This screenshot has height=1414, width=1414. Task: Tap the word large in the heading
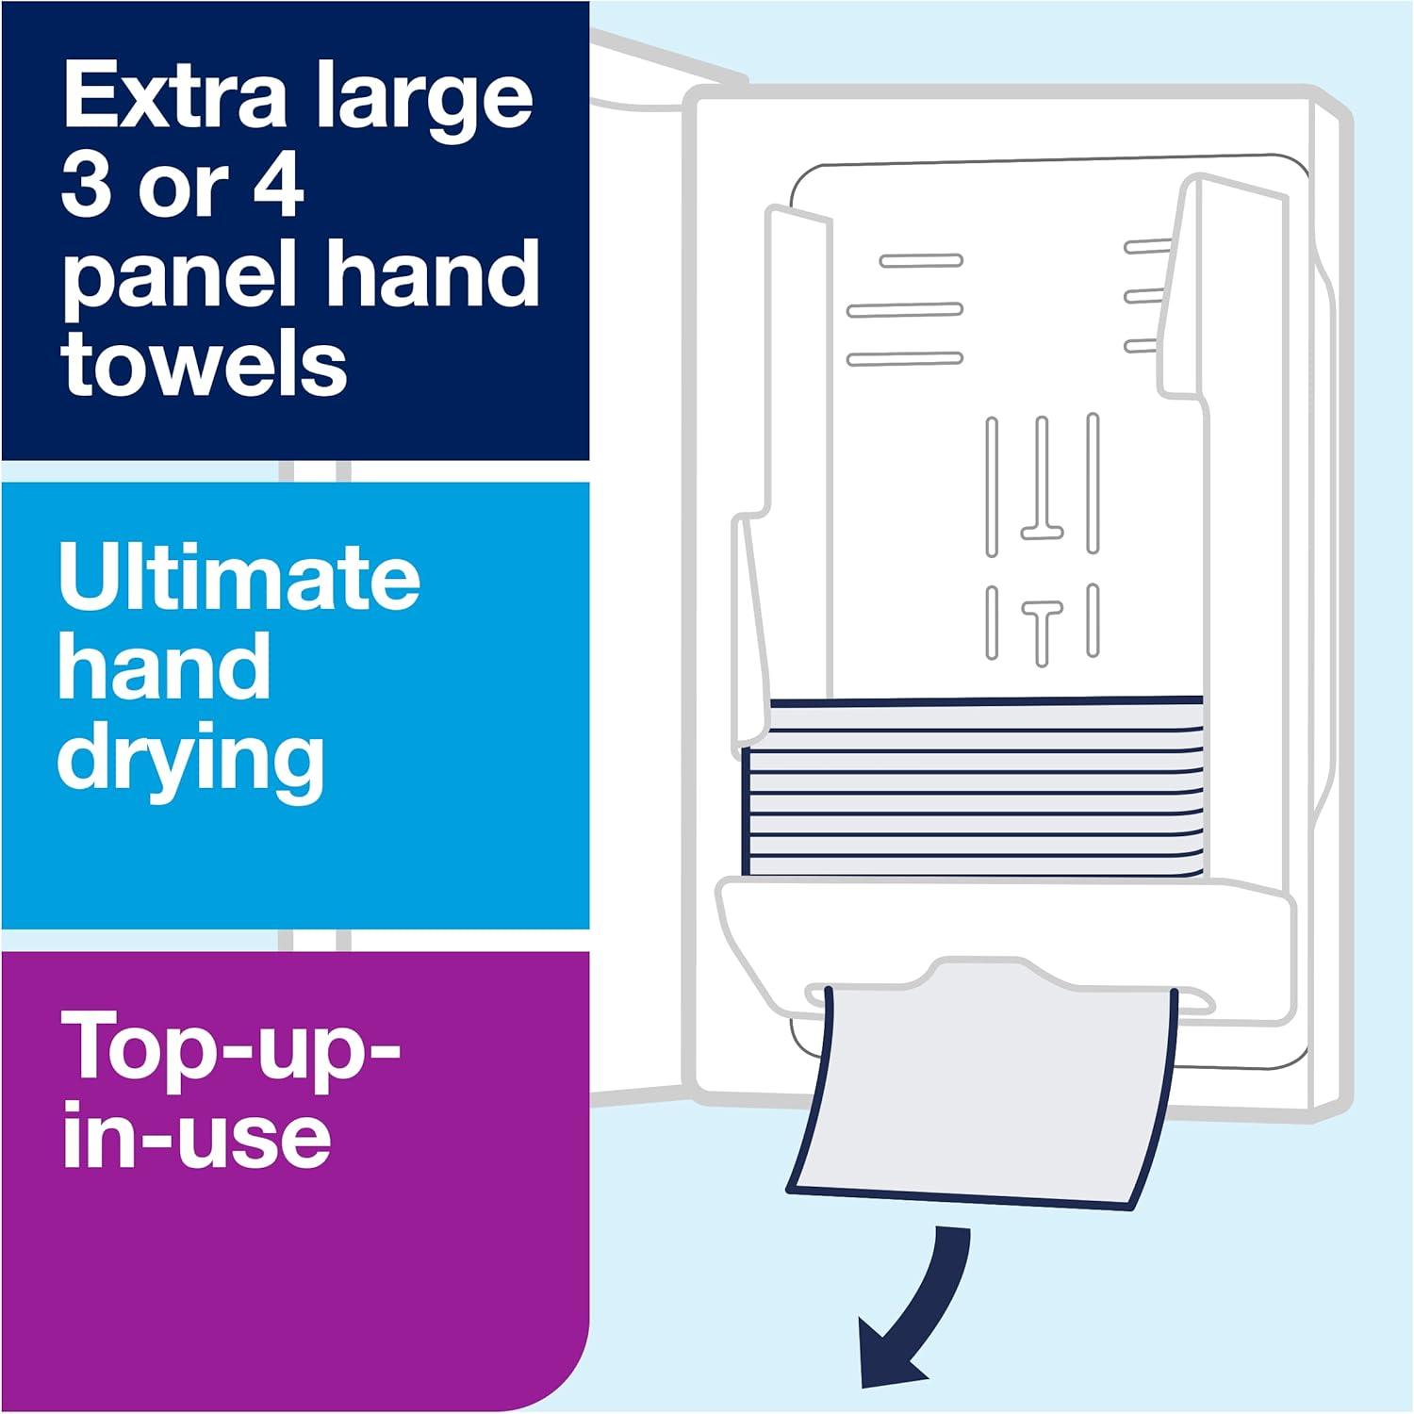point(424,102)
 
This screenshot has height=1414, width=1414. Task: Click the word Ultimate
point(239,577)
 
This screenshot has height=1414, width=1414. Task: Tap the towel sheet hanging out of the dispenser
point(980,1093)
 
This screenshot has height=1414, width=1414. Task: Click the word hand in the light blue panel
point(164,667)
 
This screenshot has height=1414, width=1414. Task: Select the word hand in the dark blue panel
point(439,275)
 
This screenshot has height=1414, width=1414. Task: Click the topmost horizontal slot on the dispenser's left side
point(920,261)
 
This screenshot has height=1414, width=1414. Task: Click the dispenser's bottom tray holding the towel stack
point(1004,919)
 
